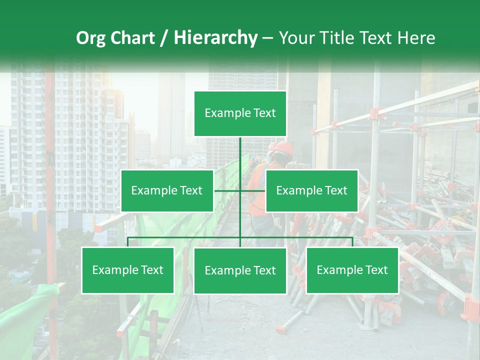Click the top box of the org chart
click(240, 113)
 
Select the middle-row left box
click(167, 190)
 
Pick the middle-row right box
click(311, 190)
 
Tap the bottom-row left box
click(128, 270)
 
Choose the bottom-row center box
click(240, 270)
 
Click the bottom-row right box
click(352, 270)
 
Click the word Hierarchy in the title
click(215, 38)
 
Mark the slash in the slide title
click(163, 38)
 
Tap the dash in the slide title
click(267, 38)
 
